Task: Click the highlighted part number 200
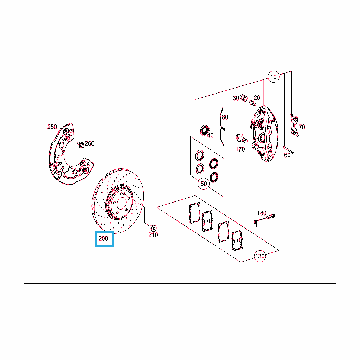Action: click(103, 239)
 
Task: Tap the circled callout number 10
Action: click(274, 77)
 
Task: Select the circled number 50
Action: click(204, 184)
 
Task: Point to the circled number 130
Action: click(260, 256)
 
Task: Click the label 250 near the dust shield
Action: click(52, 127)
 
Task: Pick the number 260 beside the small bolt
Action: click(90, 143)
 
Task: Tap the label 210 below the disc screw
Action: click(153, 235)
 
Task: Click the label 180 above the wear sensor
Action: click(262, 213)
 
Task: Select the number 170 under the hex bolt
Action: click(240, 149)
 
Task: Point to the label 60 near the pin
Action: click(287, 155)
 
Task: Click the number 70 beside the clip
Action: click(302, 127)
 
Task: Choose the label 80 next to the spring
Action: click(225, 117)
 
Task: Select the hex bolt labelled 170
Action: click(242, 138)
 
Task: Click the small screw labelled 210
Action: click(153, 228)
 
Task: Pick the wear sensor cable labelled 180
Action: click(264, 219)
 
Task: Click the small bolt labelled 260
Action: click(81, 145)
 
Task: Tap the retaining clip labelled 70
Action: click(294, 125)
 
